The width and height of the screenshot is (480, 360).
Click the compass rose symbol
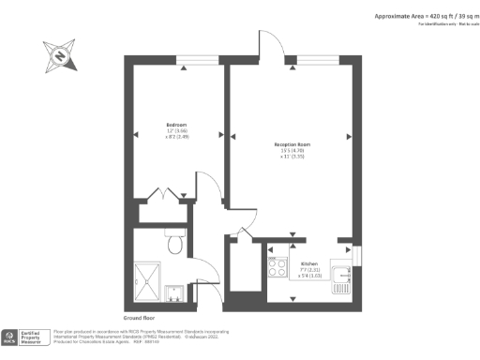point(58,56)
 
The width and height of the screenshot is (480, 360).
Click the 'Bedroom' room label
point(177,125)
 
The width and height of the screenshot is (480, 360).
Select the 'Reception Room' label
point(292,144)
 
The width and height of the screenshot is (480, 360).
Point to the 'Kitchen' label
point(309,265)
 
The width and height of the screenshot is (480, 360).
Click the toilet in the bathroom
point(174,246)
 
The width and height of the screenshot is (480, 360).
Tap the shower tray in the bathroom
point(148,279)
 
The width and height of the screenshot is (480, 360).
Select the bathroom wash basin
point(174,292)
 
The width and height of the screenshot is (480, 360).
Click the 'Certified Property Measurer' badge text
point(37,335)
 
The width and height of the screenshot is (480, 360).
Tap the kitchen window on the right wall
point(356,254)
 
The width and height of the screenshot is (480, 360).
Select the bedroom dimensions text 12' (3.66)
point(177,131)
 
